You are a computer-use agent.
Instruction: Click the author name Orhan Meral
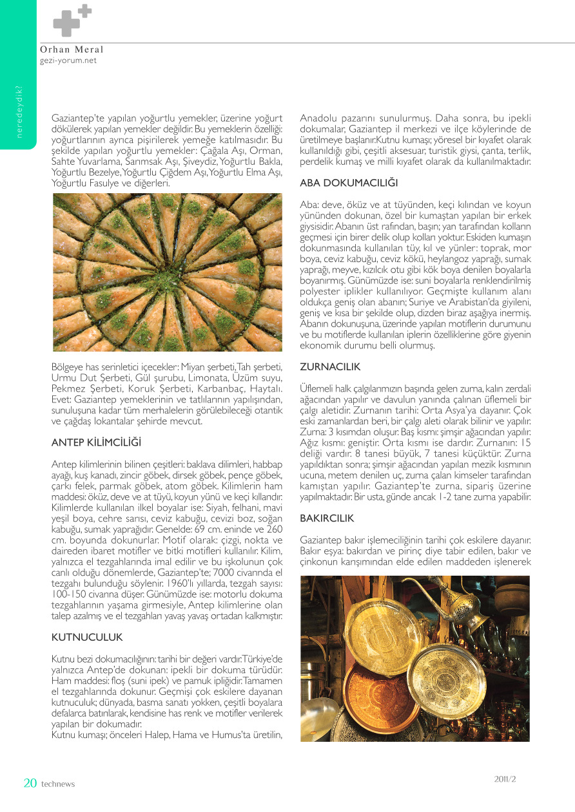pos(72,50)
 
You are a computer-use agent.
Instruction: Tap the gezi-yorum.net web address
pos(68,61)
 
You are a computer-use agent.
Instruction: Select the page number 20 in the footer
pos(30,783)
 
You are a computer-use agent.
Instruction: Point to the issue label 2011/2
pos(505,779)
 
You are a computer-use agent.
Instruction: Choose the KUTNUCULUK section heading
pos(86,637)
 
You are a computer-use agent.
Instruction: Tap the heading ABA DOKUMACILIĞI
pos(349,184)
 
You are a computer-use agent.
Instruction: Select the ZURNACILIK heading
pos(330,366)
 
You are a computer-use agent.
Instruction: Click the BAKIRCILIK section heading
pos(327,518)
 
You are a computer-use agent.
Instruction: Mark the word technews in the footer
pos(58,784)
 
